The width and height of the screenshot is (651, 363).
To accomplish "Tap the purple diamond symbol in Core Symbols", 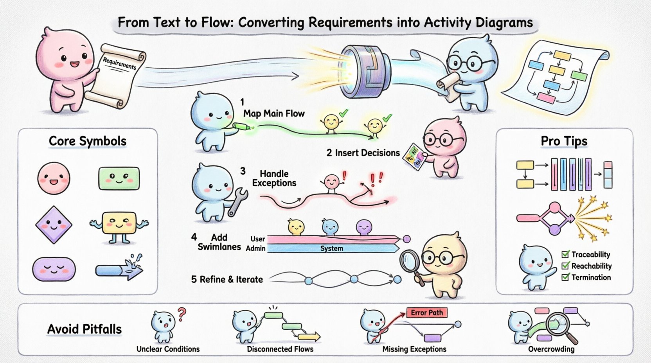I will tap(54, 225).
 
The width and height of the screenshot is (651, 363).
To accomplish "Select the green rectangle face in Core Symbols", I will tap(119, 178).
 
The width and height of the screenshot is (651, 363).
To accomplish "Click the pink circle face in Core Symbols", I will tap(54, 178).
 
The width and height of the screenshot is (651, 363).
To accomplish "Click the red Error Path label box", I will tap(426, 313).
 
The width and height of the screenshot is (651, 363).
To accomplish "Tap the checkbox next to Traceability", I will tap(565, 254).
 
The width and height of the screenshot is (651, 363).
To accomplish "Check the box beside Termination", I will tap(565, 277).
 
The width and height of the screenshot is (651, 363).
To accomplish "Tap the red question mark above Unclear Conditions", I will tap(182, 314).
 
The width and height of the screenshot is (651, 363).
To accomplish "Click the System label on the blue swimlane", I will tap(331, 248).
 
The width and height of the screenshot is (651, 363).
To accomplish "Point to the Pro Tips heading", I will tap(564, 141).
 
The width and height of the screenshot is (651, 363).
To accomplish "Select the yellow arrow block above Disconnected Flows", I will tap(308, 336).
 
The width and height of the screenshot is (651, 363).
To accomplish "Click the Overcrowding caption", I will tap(551, 349).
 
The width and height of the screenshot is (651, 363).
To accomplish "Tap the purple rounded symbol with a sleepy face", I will tap(54, 269).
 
